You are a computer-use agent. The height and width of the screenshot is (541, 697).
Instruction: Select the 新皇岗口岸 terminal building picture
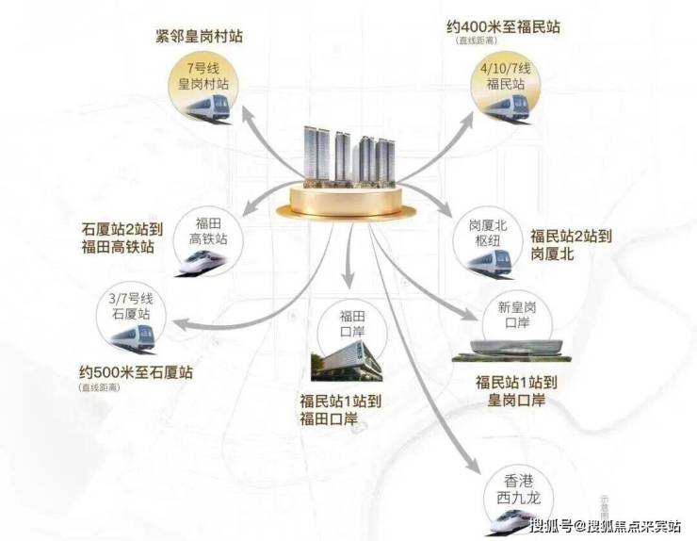click(510, 350)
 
